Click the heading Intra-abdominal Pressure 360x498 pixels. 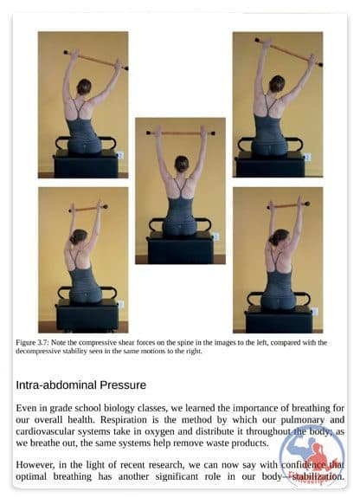[x=81, y=385]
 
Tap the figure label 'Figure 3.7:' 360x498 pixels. [x=32, y=343]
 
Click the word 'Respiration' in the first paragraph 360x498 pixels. [x=124, y=420]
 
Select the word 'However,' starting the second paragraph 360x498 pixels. [x=35, y=465]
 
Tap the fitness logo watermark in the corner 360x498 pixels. [x=312, y=456]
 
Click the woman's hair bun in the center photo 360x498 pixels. [x=182, y=164]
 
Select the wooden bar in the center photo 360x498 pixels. [x=181, y=133]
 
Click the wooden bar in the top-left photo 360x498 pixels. [x=96, y=60]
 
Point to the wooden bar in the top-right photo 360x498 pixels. [x=288, y=53]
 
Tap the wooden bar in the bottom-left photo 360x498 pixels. [x=88, y=209]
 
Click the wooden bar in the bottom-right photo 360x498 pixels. [x=288, y=205]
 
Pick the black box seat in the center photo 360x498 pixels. [x=180, y=248]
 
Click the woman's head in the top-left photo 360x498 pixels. [x=84, y=87]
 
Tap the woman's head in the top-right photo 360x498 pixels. [x=277, y=84]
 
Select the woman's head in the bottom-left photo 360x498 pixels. [x=78, y=236]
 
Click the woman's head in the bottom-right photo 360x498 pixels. [x=279, y=237]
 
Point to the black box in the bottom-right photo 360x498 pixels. [x=279, y=320]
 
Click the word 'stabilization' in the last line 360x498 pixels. [x=318, y=476]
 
